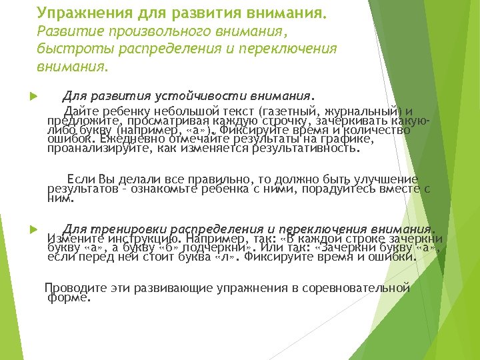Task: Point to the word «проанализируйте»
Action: pyautogui.click(x=96, y=149)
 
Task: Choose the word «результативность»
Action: pyautogui.click(x=304, y=149)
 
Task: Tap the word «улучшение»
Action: pyautogui.click(x=383, y=179)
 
